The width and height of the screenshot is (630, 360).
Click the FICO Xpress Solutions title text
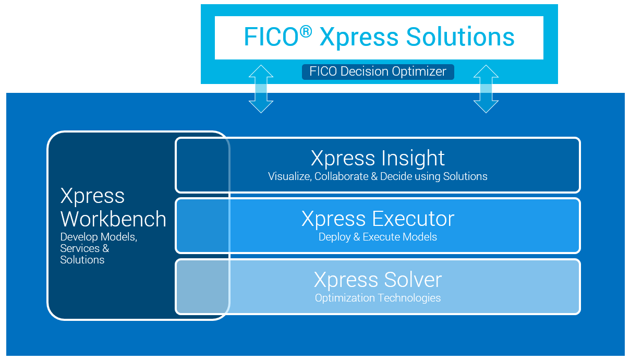(379, 38)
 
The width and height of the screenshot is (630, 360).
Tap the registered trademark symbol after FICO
(306, 32)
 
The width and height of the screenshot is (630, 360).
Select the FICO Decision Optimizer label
(378, 71)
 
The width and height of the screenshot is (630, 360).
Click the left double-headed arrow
(261, 89)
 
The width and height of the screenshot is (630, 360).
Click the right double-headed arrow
(486, 89)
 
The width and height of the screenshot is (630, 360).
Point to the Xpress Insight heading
(378, 158)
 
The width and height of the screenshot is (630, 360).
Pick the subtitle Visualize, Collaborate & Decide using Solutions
(378, 176)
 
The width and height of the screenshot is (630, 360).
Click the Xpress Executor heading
(378, 219)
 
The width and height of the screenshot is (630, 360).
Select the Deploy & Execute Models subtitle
(378, 237)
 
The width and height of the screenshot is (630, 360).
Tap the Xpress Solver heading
(378, 280)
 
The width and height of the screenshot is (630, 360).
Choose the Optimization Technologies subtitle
(378, 298)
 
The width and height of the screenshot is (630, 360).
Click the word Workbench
(113, 219)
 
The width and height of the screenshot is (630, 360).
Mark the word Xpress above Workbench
(92, 196)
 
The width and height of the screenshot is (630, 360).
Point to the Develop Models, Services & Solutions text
(98, 248)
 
